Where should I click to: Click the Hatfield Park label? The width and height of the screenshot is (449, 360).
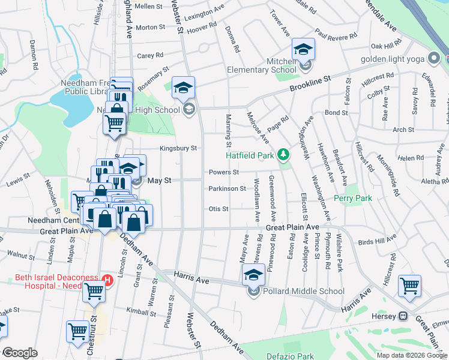(250, 155)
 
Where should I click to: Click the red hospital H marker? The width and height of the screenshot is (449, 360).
(107, 280)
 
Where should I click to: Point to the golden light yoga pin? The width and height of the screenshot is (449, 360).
(434, 59)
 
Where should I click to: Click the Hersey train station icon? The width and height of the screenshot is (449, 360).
(404, 316)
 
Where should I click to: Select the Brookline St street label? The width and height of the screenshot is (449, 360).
(311, 83)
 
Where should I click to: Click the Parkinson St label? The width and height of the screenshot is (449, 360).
(227, 188)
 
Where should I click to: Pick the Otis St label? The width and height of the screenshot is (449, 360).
(218, 209)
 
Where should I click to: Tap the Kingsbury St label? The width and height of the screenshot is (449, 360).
(178, 148)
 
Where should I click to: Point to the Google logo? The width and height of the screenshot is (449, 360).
(20, 353)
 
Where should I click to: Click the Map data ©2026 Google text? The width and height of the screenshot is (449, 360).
(411, 355)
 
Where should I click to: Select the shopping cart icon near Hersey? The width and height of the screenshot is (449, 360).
(409, 286)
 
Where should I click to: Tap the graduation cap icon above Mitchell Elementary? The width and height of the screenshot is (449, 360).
(303, 49)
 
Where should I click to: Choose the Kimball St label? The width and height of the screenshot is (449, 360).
(141, 310)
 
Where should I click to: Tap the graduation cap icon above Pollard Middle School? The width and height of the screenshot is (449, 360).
(253, 275)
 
